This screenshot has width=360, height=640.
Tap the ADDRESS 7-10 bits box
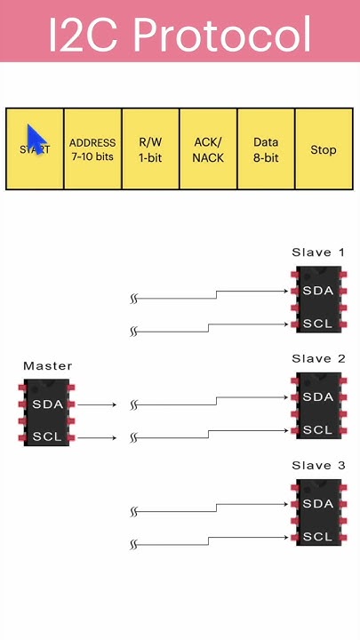[x=92, y=149]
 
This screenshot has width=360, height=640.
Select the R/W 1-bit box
[x=150, y=149]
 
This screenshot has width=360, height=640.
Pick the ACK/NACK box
[x=208, y=149]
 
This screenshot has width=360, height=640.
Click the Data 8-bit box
[x=266, y=149]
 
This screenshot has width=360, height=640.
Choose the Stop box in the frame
[x=324, y=149]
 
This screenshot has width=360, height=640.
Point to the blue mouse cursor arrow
[x=36, y=140]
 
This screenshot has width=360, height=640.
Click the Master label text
[x=47, y=365]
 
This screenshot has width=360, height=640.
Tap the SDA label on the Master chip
[x=47, y=404]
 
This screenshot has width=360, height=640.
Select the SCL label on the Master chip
[x=47, y=436]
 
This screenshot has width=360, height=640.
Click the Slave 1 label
[x=318, y=252]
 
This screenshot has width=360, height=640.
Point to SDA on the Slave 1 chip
[x=318, y=291]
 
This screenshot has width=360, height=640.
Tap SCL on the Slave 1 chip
[x=318, y=324]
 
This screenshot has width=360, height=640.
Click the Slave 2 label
[x=318, y=359]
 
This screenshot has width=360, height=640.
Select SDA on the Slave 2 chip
[x=318, y=397]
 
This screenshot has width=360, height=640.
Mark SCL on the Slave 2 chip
[x=318, y=430]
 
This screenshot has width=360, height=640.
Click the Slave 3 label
[x=318, y=466]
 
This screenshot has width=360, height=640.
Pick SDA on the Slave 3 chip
[x=318, y=504]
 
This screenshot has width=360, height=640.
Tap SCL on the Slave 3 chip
[x=318, y=537]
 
